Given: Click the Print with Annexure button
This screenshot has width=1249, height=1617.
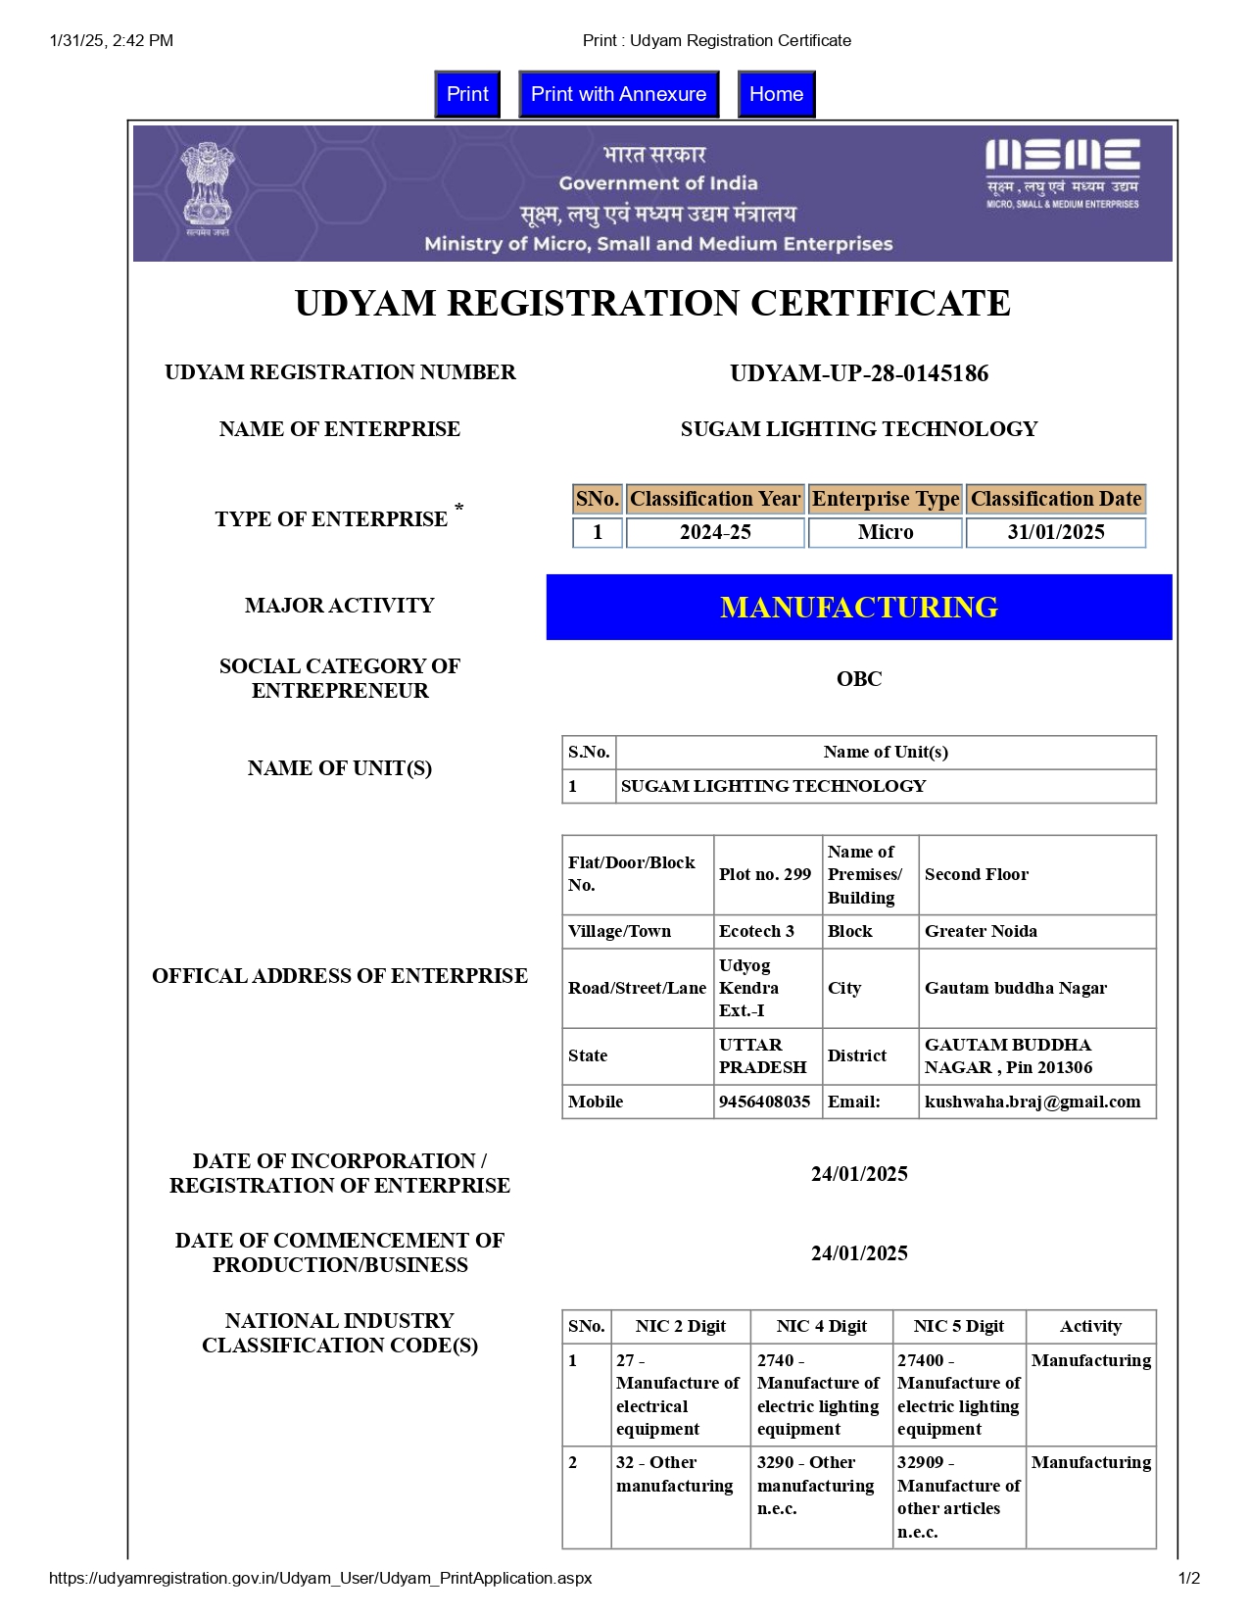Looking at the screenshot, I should click(618, 94).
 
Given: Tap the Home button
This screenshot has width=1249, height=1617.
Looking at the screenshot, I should click(776, 94).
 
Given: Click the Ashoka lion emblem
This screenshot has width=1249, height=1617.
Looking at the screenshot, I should click(207, 188).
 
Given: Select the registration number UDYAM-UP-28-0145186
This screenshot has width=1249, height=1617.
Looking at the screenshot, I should click(859, 373).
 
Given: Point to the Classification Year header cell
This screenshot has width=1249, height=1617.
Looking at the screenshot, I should click(715, 499).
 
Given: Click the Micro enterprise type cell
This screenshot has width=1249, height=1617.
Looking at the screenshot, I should click(885, 532).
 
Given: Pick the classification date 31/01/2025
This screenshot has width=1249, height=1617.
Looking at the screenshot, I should click(1055, 532).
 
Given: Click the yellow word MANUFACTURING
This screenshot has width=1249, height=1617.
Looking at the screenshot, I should click(859, 608).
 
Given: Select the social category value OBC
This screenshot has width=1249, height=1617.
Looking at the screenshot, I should click(859, 679).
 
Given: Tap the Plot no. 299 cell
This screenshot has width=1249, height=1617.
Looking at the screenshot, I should click(765, 874).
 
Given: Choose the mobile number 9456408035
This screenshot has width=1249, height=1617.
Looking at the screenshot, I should click(765, 1102).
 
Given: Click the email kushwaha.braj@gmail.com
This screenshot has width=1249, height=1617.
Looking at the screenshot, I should click(1033, 1102).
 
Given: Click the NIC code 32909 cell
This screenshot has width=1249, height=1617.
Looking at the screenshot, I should click(958, 1496).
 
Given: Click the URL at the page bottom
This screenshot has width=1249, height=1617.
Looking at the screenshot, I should click(320, 1578).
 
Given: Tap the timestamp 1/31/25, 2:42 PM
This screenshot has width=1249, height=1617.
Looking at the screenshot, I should click(112, 40).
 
